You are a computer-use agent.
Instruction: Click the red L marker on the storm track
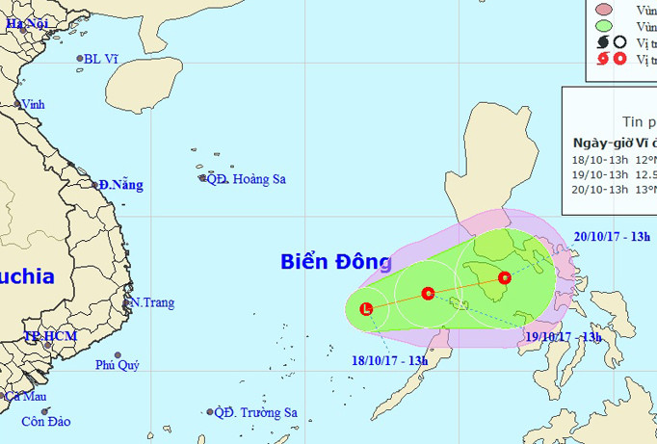coord(366,308)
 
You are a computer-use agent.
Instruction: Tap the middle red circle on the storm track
coord(428,293)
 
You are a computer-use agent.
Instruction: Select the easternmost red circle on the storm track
coord(505,278)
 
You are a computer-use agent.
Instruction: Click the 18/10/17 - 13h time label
coord(389,360)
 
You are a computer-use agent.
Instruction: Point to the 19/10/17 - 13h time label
coord(563,336)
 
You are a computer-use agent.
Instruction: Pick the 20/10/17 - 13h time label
coord(613,236)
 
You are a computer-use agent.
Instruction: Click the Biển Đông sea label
coord(336,262)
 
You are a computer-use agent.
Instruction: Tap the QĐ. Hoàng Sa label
coord(247,179)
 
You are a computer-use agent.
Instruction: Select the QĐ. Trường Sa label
coord(255,413)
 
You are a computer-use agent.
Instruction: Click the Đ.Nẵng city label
coord(120,184)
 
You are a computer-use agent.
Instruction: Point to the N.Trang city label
coord(152,302)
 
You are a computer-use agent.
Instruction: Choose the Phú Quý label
coord(117,365)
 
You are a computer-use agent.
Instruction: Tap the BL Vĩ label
coord(100,59)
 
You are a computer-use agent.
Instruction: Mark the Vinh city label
coord(33,104)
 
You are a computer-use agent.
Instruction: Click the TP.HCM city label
coord(49,337)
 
